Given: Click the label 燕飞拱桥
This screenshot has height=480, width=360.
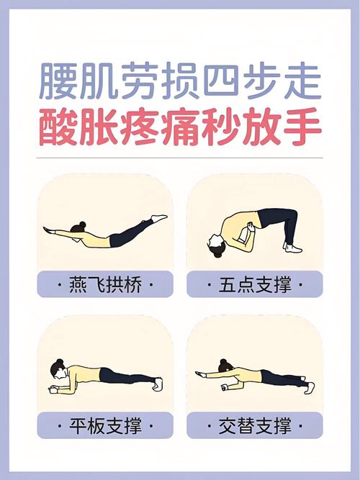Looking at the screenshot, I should (x=105, y=285).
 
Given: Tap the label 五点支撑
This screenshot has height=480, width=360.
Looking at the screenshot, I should (x=255, y=285).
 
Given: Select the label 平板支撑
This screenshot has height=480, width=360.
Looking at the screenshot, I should (x=105, y=426).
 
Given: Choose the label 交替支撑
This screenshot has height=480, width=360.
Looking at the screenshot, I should (x=255, y=426).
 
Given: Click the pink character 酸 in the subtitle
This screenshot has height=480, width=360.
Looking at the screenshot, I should (x=59, y=127).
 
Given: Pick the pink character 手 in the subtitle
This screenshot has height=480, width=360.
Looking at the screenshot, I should (x=300, y=127).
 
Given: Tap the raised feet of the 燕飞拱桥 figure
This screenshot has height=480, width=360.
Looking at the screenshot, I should (x=159, y=217).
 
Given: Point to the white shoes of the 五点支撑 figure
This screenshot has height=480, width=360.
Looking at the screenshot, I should (x=292, y=248).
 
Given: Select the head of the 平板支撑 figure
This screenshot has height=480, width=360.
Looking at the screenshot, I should (x=58, y=371).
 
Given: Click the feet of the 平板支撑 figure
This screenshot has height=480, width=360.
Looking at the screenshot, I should (x=158, y=384).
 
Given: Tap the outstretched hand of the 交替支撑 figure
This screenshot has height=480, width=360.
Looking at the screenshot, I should (x=199, y=373).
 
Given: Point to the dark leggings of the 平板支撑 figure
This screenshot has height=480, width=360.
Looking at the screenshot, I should (x=122, y=376).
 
